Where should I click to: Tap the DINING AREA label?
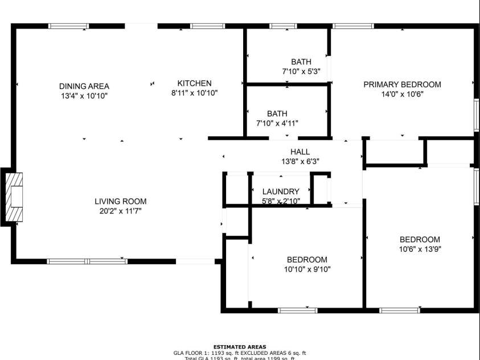point(84,86)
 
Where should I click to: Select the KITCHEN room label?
point(194,83)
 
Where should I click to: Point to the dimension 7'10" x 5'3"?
point(301,72)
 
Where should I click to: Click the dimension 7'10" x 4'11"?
point(277,123)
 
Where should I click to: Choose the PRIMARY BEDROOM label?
point(402,85)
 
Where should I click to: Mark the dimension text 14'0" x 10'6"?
point(402,95)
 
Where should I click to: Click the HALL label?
point(300,152)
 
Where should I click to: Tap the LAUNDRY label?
point(281,191)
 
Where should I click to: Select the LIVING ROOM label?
point(120,201)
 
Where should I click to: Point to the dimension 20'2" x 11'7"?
point(120,211)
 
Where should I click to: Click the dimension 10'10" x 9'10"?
point(307,269)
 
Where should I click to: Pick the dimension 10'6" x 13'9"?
point(420,249)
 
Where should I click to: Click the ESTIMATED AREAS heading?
point(239,347)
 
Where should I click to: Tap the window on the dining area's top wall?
point(68,26)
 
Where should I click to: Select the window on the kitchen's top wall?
point(207,26)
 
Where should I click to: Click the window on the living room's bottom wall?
point(87,261)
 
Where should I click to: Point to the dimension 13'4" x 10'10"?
point(84,96)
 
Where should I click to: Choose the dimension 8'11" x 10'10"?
point(194,92)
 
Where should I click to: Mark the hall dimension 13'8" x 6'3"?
point(300,161)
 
